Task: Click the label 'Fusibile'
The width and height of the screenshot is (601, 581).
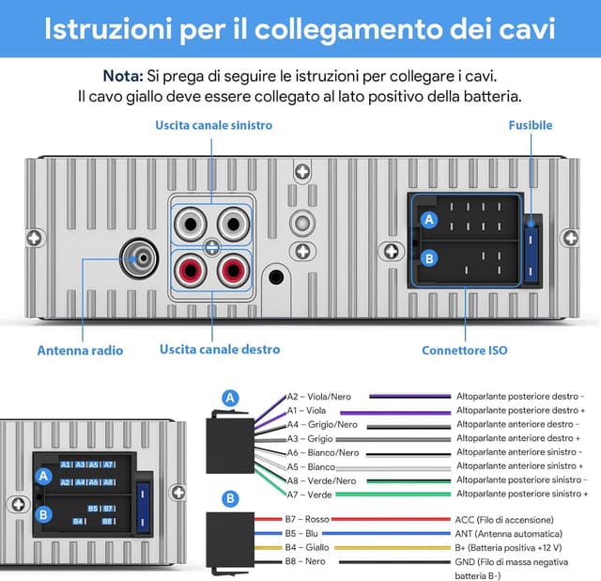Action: [x=531, y=125]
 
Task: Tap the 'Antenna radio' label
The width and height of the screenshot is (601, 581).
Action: [x=80, y=351]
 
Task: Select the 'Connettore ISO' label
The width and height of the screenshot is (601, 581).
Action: [x=464, y=351]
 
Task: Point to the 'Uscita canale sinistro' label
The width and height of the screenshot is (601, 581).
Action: [x=214, y=125]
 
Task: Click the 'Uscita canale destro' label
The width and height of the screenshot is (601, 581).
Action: [x=220, y=350]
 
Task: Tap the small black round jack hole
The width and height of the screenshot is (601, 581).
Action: [x=276, y=277]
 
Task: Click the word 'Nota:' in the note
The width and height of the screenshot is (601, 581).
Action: [x=123, y=75]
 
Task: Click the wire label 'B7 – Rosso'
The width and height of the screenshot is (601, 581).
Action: [x=307, y=519]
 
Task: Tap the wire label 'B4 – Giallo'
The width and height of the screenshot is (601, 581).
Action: [x=307, y=547]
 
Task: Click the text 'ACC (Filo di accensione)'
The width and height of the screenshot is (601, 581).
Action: [x=504, y=519]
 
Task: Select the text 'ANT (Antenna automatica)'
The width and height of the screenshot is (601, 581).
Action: [x=507, y=533]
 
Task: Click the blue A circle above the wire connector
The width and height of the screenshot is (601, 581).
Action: [x=230, y=399]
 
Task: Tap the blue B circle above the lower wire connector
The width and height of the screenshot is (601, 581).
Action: [x=230, y=498]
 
